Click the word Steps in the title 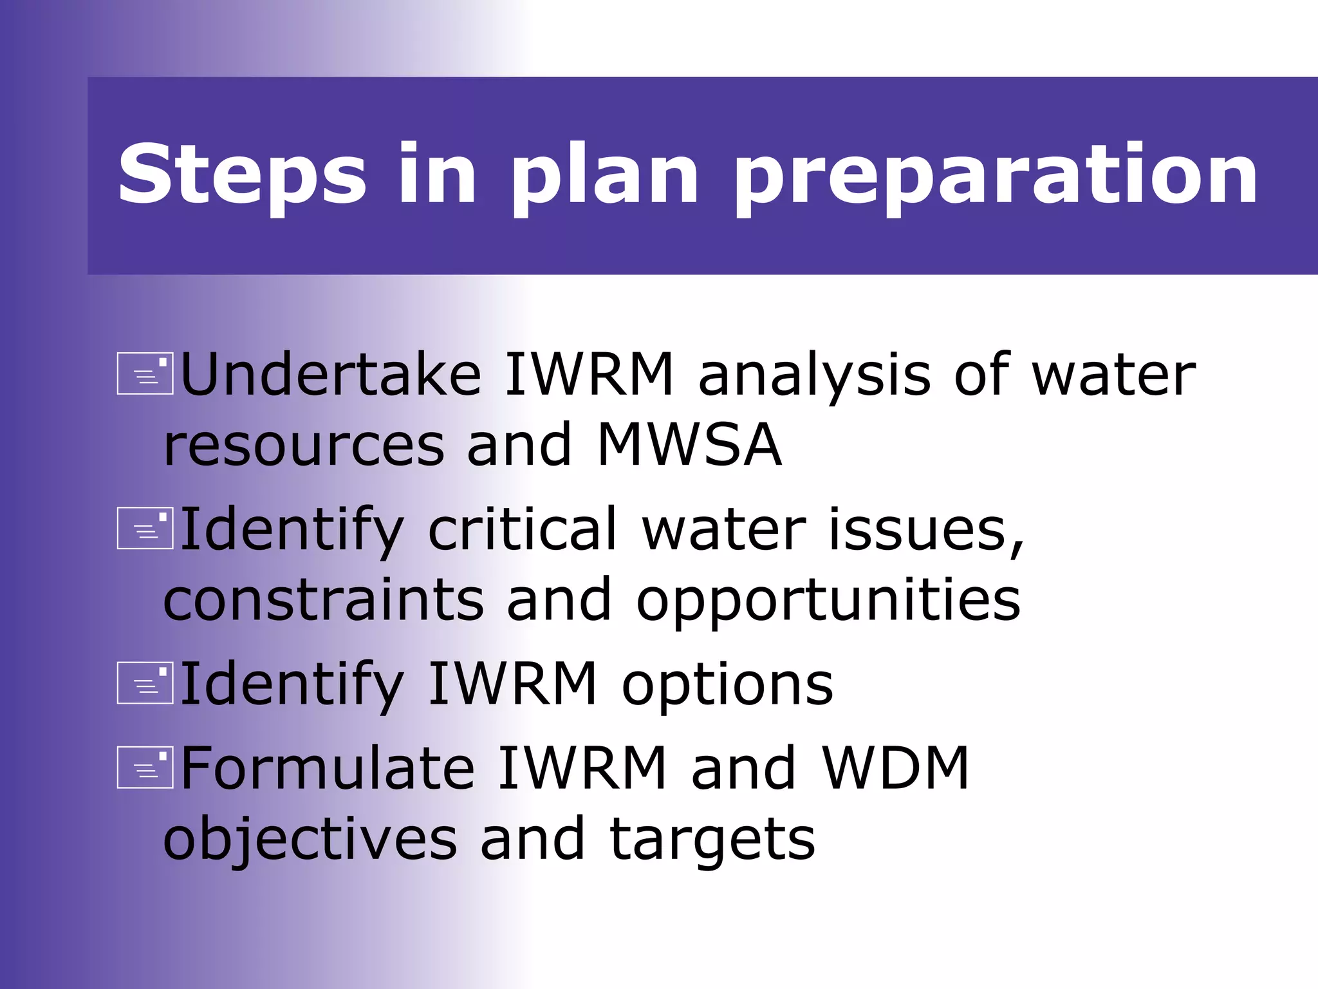[242, 174]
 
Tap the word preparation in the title [995, 176]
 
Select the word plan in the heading [604, 176]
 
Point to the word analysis [814, 376]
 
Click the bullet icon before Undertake [145, 373]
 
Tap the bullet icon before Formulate [145, 768]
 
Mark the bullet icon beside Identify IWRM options [145, 683]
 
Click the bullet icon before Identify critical [145, 529]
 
